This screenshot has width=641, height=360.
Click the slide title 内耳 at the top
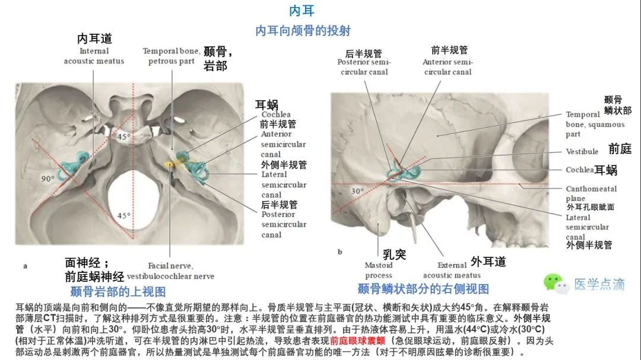tap(302, 11)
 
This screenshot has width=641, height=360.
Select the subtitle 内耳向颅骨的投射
tap(303, 31)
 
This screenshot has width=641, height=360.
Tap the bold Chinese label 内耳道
tap(94, 39)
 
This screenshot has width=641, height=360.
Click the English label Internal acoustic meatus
tap(94, 56)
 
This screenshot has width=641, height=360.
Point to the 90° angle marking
tap(47, 178)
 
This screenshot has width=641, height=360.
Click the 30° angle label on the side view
tap(357, 191)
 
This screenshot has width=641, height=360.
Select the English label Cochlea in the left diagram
tap(275, 114)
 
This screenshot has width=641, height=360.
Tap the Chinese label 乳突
tap(394, 254)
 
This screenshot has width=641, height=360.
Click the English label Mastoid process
tap(379, 270)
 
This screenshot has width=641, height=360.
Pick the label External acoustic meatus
tap(452, 270)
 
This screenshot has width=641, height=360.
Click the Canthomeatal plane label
tap(591, 193)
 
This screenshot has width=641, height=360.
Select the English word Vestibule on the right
tap(582, 151)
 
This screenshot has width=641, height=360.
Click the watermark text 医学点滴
tap(599, 285)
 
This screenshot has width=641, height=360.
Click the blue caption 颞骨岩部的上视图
tap(118, 291)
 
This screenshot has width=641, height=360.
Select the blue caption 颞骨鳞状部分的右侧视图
tap(423, 289)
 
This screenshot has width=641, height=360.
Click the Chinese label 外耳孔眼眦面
tap(590, 207)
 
